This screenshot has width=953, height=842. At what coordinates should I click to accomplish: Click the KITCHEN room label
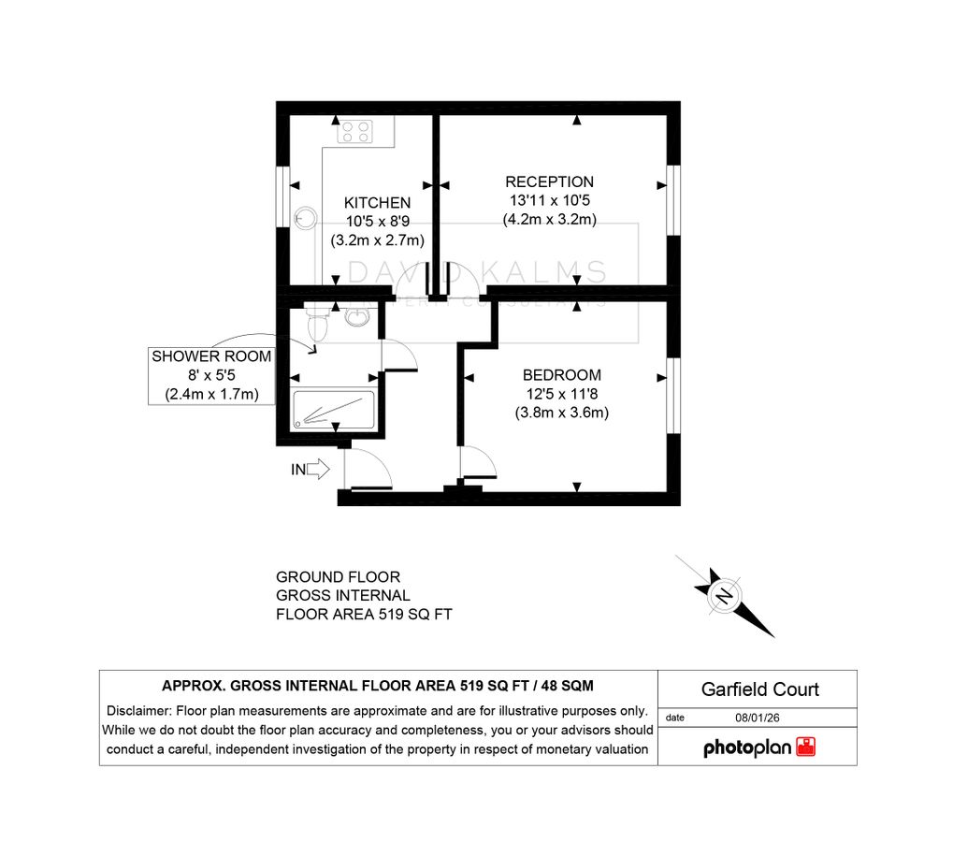(x=377, y=202)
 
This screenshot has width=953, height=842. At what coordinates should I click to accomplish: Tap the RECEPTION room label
(x=549, y=181)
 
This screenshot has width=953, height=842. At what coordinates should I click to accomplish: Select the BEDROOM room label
(x=561, y=375)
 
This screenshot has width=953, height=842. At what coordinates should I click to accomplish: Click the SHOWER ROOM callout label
(x=211, y=356)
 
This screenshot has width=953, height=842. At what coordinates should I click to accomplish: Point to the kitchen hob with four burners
(x=355, y=131)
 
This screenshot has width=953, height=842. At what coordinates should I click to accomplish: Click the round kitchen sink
(x=303, y=218)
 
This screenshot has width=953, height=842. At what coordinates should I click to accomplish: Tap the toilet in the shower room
(x=318, y=327)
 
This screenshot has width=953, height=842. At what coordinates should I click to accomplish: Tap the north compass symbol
(x=725, y=596)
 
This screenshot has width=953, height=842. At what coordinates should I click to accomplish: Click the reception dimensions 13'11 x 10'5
(x=549, y=201)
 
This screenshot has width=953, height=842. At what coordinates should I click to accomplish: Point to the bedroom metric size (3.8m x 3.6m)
(x=561, y=412)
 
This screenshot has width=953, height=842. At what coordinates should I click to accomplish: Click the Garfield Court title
(x=759, y=690)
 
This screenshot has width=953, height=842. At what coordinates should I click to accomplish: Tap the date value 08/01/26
(x=759, y=718)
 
